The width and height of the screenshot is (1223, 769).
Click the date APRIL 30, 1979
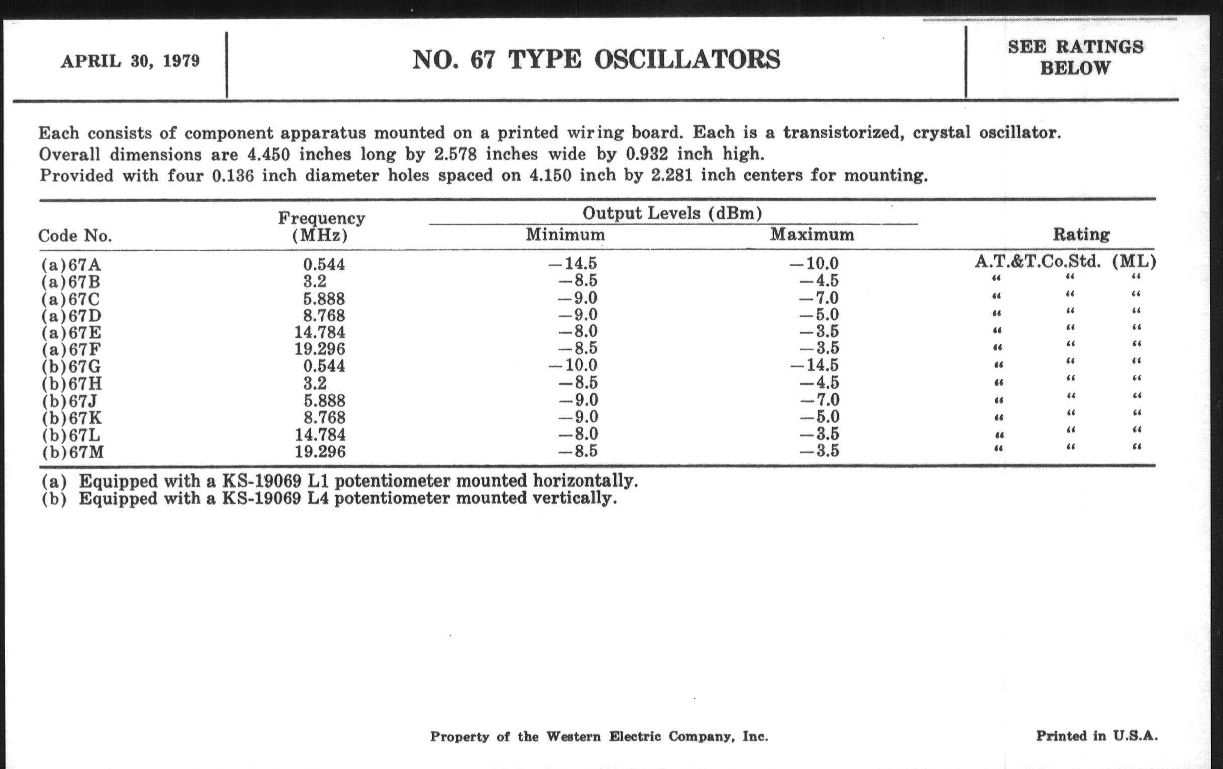[x=130, y=61]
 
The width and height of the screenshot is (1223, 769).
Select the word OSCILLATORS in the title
[x=687, y=60]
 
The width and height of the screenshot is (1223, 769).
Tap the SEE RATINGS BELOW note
[x=1075, y=57]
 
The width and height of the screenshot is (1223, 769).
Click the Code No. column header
[x=75, y=236]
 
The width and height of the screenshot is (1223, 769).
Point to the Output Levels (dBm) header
[x=672, y=213]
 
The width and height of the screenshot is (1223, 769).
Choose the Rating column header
[x=1081, y=235]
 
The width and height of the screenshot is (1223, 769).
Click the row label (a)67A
[x=71, y=265]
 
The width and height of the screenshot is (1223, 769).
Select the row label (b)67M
[x=72, y=452]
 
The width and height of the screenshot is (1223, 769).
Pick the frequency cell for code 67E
[x=319, y=332]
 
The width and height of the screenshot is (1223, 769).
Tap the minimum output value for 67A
[x=572, y=264]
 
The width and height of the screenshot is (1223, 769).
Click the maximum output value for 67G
[x=814, y=365]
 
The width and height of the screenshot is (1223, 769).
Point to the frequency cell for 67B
[x=315, y=281]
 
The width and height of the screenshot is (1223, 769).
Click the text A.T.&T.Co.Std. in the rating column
[x=1037, y=262]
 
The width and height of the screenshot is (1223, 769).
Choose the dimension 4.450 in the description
[x=268, y=154]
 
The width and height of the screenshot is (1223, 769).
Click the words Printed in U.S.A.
[x=1097, y=736]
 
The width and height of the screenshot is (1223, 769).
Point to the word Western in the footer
[x=573, y=736]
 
